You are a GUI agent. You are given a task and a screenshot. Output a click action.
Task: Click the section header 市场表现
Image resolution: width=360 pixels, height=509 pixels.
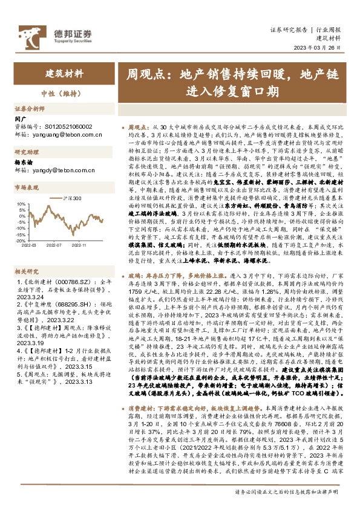coord(27,188)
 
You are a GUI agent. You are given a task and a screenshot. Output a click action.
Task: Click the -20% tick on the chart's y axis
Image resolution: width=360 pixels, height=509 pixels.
coord(22,238)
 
